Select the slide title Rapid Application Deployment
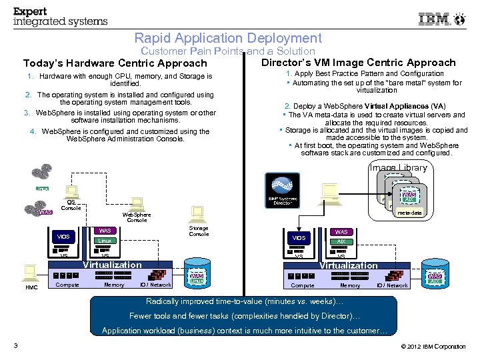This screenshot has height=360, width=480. click(x=227, y=39)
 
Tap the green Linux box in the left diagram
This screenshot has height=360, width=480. click(x=103, y=241)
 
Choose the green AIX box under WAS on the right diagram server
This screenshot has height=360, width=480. click(x=341, y=241)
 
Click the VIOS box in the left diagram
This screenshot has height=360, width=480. click(x=63, y=237)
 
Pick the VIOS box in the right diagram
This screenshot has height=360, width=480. click(x=299, y=237)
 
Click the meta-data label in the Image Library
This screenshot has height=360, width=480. click(x=409, y=213)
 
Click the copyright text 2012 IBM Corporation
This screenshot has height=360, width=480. click(x=434, y=347)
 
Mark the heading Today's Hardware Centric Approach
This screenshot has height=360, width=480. click(x=115, y=63)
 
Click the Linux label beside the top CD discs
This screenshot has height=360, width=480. click(x=42, y=189)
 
